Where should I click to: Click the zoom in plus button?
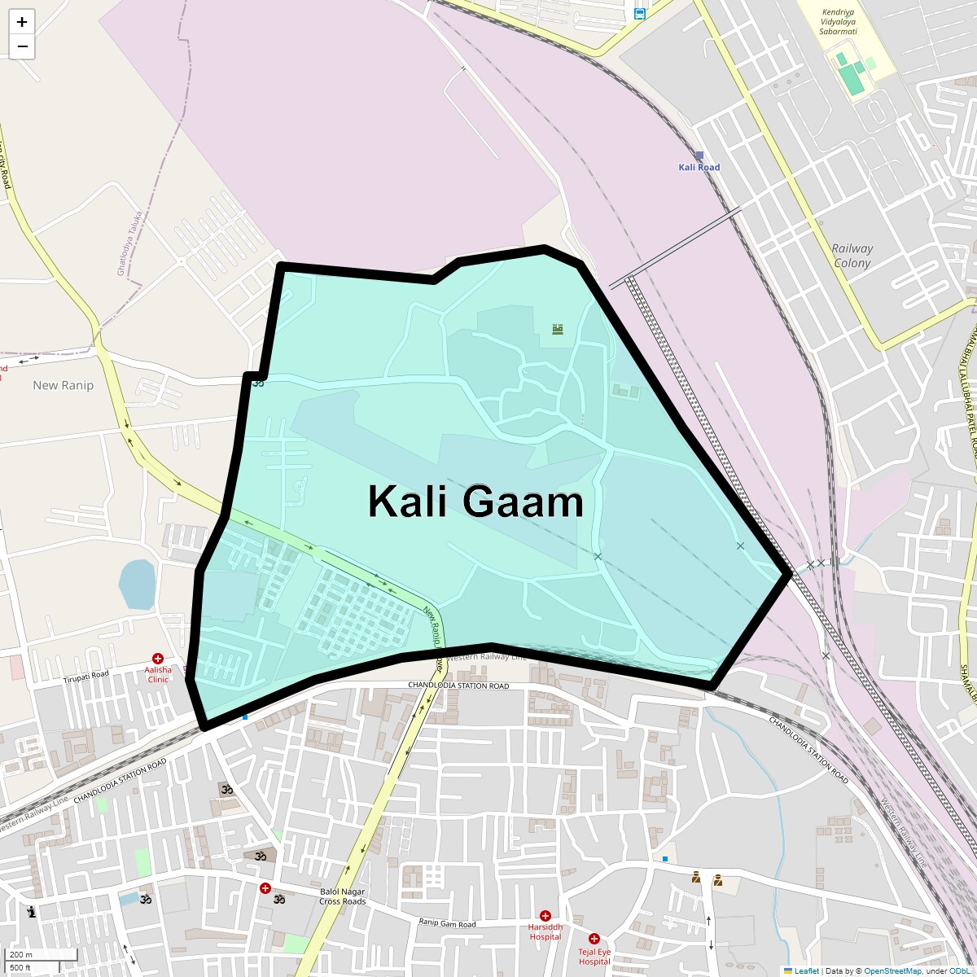pos(22,22)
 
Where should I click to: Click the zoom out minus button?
pos(22,46)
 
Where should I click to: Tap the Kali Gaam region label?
pos(475,502)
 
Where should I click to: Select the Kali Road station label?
pos(699,167)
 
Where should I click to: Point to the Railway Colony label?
pos(852,256)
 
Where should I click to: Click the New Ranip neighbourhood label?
pos(63,385)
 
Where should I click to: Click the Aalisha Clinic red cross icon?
pos(158,658)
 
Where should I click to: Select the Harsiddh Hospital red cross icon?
pos(545,916)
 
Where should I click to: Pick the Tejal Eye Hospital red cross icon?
pos(594,939)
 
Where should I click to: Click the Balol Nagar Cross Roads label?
pos(342,896)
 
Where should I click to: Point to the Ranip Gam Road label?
pos(447,923)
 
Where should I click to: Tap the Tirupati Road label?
pos(86,676)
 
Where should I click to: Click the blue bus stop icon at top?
pos(640,13)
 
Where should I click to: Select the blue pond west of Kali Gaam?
pos(137,584)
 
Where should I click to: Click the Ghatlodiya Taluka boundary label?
pos(130,243)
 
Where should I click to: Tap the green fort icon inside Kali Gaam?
pos(558,329)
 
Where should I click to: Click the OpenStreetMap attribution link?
pos(892,970)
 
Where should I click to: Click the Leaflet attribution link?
pos(806,970)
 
